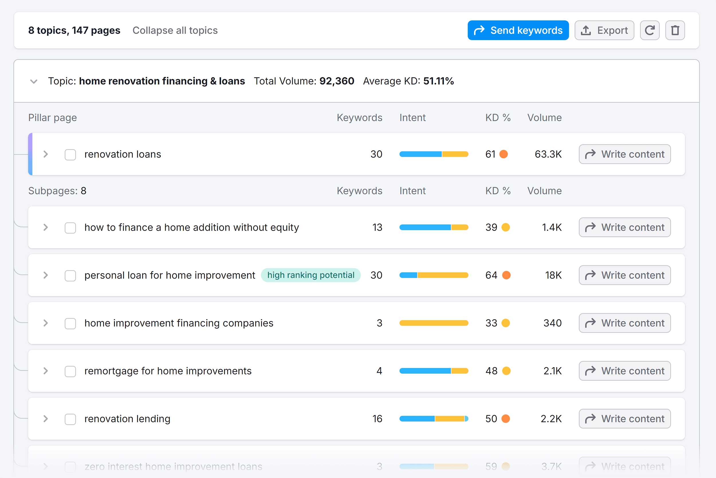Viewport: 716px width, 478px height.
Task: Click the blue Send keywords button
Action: pyautogui.click(x=518, y=30)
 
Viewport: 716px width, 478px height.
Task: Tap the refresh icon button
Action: pyautogui.click(x=650, y=30)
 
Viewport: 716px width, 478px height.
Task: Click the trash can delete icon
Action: pyautogui.click(x=675, y=30)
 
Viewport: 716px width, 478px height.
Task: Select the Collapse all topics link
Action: pyautogui.click(x=175, y=30)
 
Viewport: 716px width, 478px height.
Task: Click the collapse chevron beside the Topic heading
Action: pyautogui.click(x=34, y=81)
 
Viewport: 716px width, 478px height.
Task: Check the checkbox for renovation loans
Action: pyautogui.click(x=70, y=154)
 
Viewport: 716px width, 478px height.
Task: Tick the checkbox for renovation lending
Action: pyautogui.click(x=70, y=419)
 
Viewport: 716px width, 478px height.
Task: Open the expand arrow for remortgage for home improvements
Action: pyautogui.click(x=46, y=371)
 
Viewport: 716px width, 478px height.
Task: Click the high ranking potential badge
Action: pyautogui.click(x=311, y=275)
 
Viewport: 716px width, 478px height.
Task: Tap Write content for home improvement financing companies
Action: pyautogui.click(x=625, y=323)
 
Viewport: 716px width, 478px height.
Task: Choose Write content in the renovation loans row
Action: pyautogui.click(x=625, y=154)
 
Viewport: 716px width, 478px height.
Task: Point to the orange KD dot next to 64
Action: pyautogui.click(x=506, y=275)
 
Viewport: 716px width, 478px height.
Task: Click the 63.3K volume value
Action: pyautogui.click(x=548, y=154)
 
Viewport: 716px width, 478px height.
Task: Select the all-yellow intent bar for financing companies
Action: pyautogui.click(x=434, y=323)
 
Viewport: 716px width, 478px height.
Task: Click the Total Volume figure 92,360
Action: pyautogui.click(x=337, y=81)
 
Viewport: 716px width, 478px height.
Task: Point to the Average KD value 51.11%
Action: pyautogui.click(x=438, y=81)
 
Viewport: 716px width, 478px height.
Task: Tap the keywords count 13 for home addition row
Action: pyautogui.click(x=377, y=228)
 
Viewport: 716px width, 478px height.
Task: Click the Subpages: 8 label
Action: pyautogui.click(x=57, y=191)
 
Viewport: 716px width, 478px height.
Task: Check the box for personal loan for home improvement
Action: pyautogui.click(x=70, y=276)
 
